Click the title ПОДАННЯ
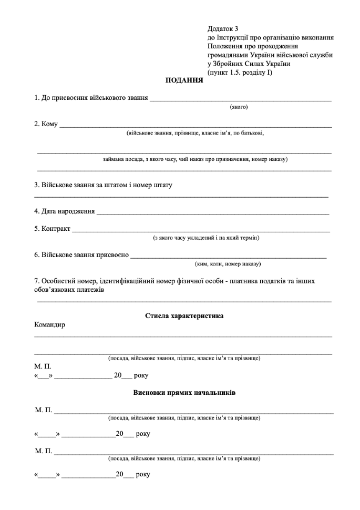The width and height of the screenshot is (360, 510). [x=184, y=80]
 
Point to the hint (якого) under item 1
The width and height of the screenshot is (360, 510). [x=239, y=107]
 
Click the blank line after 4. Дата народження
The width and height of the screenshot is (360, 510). [x=213, y=213]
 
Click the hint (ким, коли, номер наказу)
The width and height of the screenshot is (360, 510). [x=228, y=263]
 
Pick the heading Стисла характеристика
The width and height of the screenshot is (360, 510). [x=184, y=316]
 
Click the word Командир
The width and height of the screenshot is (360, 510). [x=50, y=325]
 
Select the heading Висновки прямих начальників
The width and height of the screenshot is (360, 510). [x=184, y=393]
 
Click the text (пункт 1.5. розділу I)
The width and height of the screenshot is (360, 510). [x=240, y=73]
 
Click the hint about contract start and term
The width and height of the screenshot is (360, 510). [x=206, y=238]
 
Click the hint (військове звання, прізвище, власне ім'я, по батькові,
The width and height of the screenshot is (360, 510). [x=195, y=133]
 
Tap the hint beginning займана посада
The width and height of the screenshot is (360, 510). [x=196, y=159]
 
